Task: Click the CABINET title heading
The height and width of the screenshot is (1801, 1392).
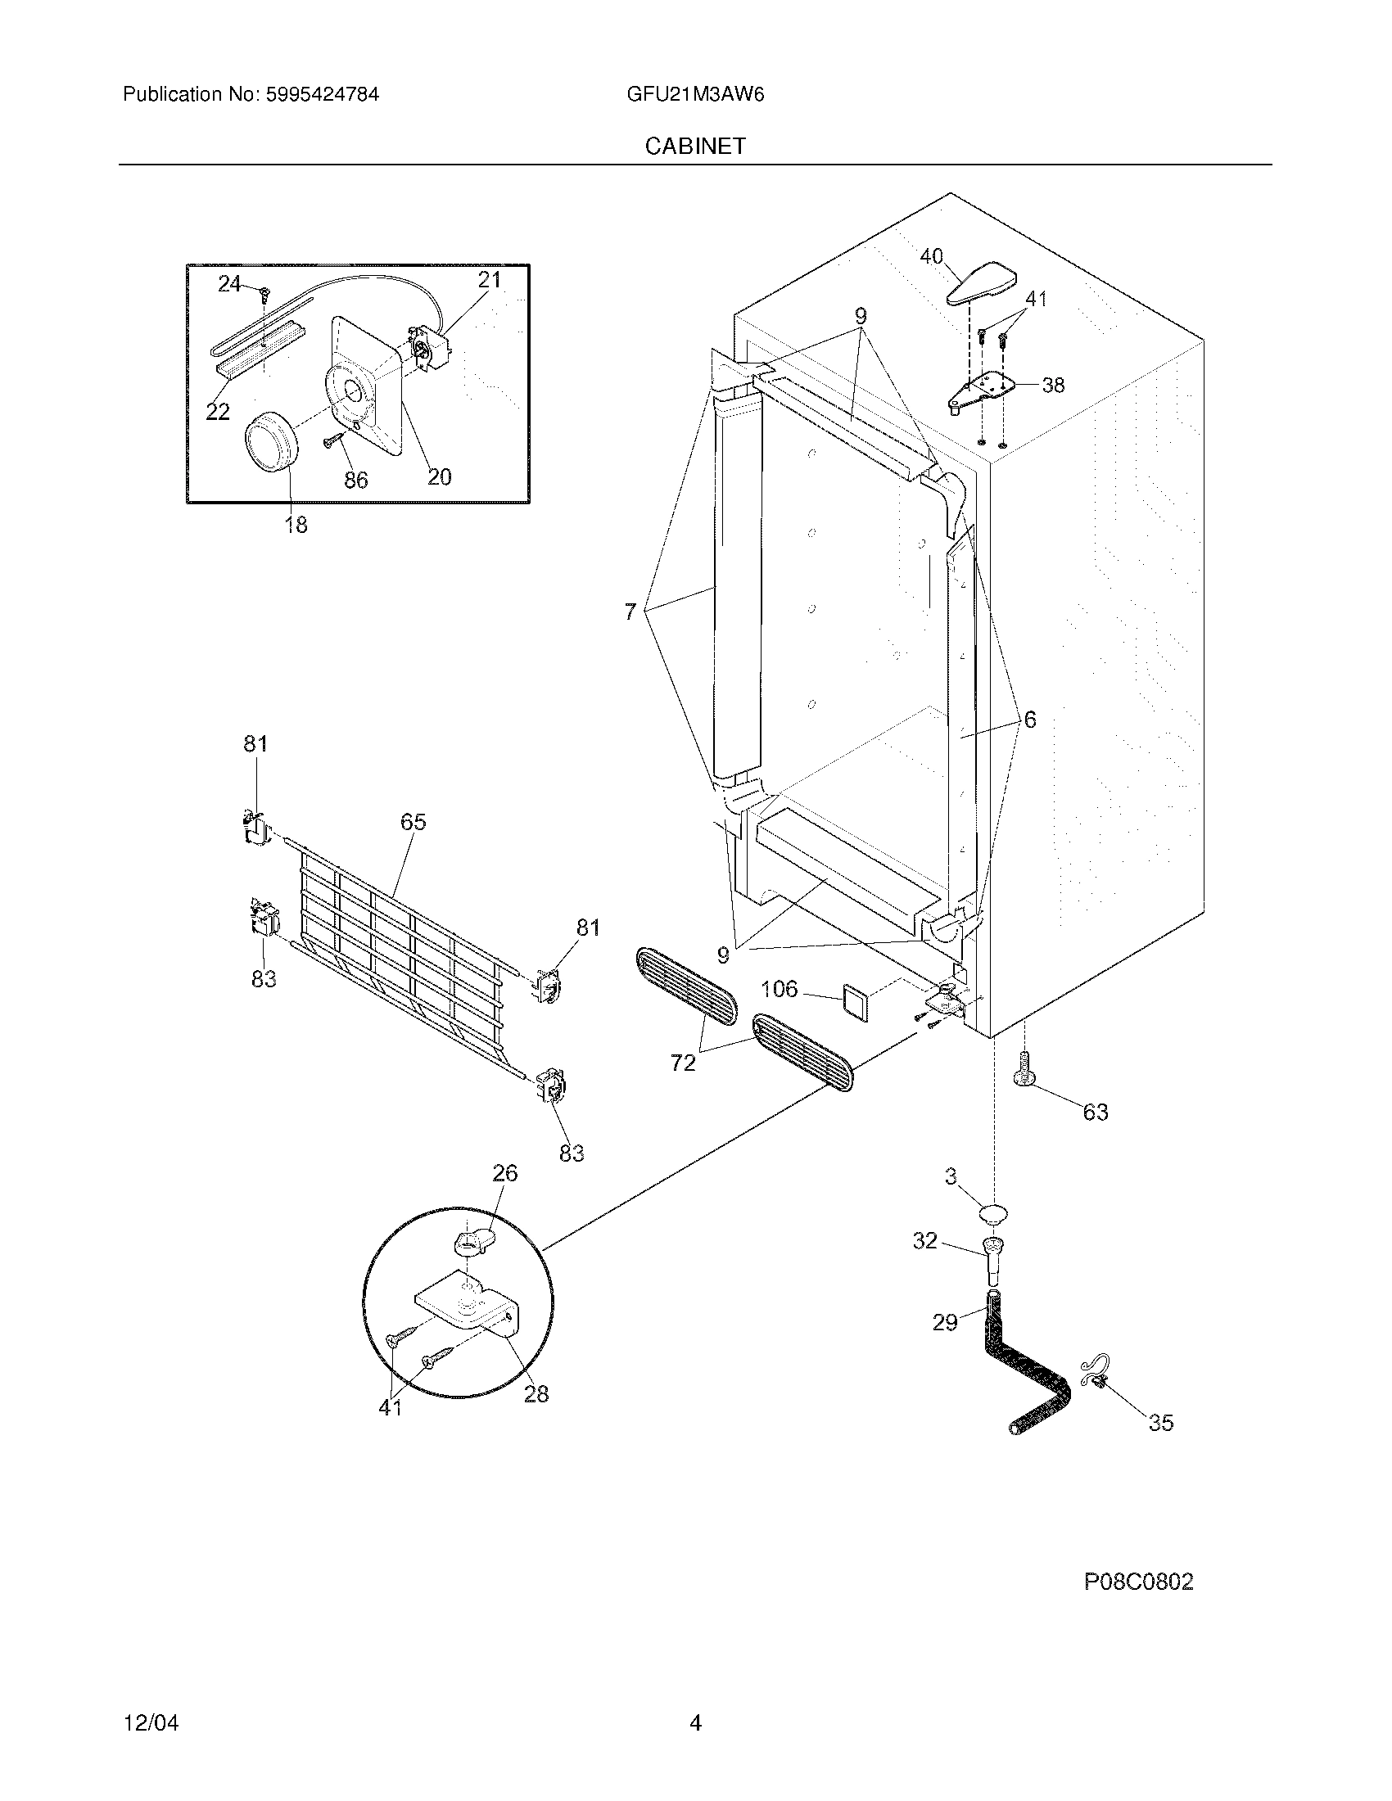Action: click(694, 146)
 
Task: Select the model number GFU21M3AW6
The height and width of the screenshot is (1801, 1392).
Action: click(694, 95)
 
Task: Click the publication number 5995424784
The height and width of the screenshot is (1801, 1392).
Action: click(323, 95)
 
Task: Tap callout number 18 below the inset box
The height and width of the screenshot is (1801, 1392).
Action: click(296, 525)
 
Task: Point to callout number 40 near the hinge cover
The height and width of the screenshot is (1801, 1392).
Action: click(931, 257)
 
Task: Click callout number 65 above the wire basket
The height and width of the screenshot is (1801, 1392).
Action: click(414, 822)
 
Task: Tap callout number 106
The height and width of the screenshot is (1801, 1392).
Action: click(779, 989)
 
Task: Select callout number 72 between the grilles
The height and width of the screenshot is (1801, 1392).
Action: click(683, 1063)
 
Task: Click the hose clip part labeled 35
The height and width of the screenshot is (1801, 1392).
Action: click(1094, 1374)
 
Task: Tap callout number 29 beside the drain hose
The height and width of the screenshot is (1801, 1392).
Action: click(945, 1323)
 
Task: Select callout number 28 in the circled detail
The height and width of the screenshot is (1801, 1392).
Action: click(536, 1393)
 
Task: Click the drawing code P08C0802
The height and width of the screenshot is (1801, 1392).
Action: click(1138, 1582)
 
